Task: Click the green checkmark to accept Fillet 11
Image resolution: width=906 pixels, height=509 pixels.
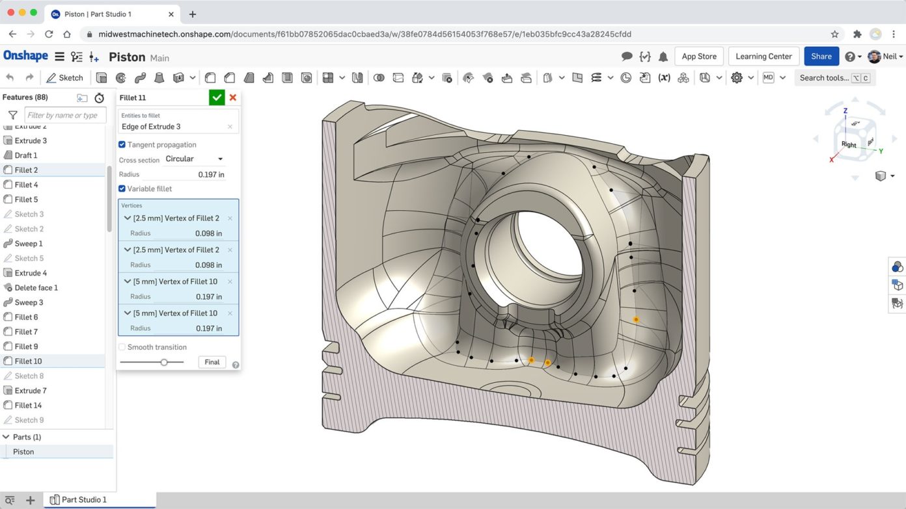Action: (x=217, y=98)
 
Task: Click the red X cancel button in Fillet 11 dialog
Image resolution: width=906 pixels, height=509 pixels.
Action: (x=233, y=98)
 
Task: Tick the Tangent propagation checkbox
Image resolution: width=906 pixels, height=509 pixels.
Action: (x=122, y=144)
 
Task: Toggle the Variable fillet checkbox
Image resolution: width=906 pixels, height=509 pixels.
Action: (x=122, y=189)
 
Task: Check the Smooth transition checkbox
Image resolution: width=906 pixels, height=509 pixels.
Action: (x=122, y=347)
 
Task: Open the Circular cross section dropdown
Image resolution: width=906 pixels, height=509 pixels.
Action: (x=194, y=159)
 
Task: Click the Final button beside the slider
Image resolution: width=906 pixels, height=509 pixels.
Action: (x=212, y=362)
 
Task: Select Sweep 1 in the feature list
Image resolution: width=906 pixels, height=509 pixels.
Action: (x=29, y=244)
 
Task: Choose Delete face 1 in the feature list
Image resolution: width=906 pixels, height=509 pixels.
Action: (x=36, y=287)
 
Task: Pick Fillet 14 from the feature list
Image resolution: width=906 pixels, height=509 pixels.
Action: (x=28, y=405)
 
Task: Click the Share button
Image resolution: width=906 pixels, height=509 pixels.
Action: (x=821, y=57)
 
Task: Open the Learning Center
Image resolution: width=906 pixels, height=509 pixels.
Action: (x=763, y=57)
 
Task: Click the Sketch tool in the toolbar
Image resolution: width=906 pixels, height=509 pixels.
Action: (x=64, y=78)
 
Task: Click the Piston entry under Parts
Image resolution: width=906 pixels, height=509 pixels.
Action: (x=23, y=452)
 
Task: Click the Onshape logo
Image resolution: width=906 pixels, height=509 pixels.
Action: (x=25, y=56)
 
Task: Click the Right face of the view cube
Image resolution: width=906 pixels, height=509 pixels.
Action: (x=849, y=144)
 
